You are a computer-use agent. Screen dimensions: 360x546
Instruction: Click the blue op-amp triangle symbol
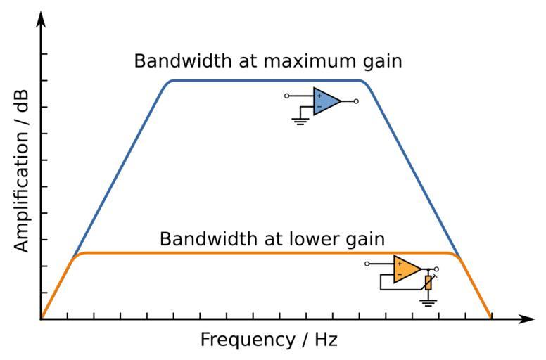tap(325, 101)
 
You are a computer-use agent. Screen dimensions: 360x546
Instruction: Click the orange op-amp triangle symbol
tap(406, 269)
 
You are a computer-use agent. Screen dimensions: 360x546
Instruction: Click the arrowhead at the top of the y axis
tap(42, 20)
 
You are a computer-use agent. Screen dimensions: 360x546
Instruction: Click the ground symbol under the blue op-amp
tap(300, 121)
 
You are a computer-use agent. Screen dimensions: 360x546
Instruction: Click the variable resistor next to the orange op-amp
tap(428, 283)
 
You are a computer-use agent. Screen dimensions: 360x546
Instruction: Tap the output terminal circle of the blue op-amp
tap(357, 101)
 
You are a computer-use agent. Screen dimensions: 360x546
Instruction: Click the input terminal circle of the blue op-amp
tap(287, 96)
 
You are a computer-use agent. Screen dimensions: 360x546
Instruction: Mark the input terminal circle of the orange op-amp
tap(367, 264)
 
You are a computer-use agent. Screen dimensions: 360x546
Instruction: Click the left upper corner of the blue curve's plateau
tap(171, 81)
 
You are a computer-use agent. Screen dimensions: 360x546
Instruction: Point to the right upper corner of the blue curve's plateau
tap(362, 81)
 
